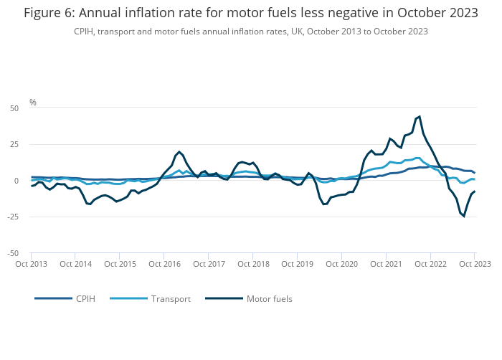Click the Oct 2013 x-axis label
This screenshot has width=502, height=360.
(x=31, y=264)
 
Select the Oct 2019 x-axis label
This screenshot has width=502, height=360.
(x=296, y=264)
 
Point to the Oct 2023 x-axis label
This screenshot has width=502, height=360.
(x=474, y=264)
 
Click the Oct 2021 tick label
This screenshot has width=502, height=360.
(x=385, y=264)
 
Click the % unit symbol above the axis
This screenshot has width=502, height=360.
(x=32, y=103)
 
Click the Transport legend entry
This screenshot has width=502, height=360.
(x=171, y=298)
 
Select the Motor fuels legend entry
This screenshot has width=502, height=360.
(x=269, y=298)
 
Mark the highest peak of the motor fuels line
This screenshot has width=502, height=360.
(x=420, y=116)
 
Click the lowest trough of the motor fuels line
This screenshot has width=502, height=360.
(x=464, y=216)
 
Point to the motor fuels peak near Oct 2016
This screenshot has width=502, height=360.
(x=179, y=152)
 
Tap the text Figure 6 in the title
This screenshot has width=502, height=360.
(x=49, y=13)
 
